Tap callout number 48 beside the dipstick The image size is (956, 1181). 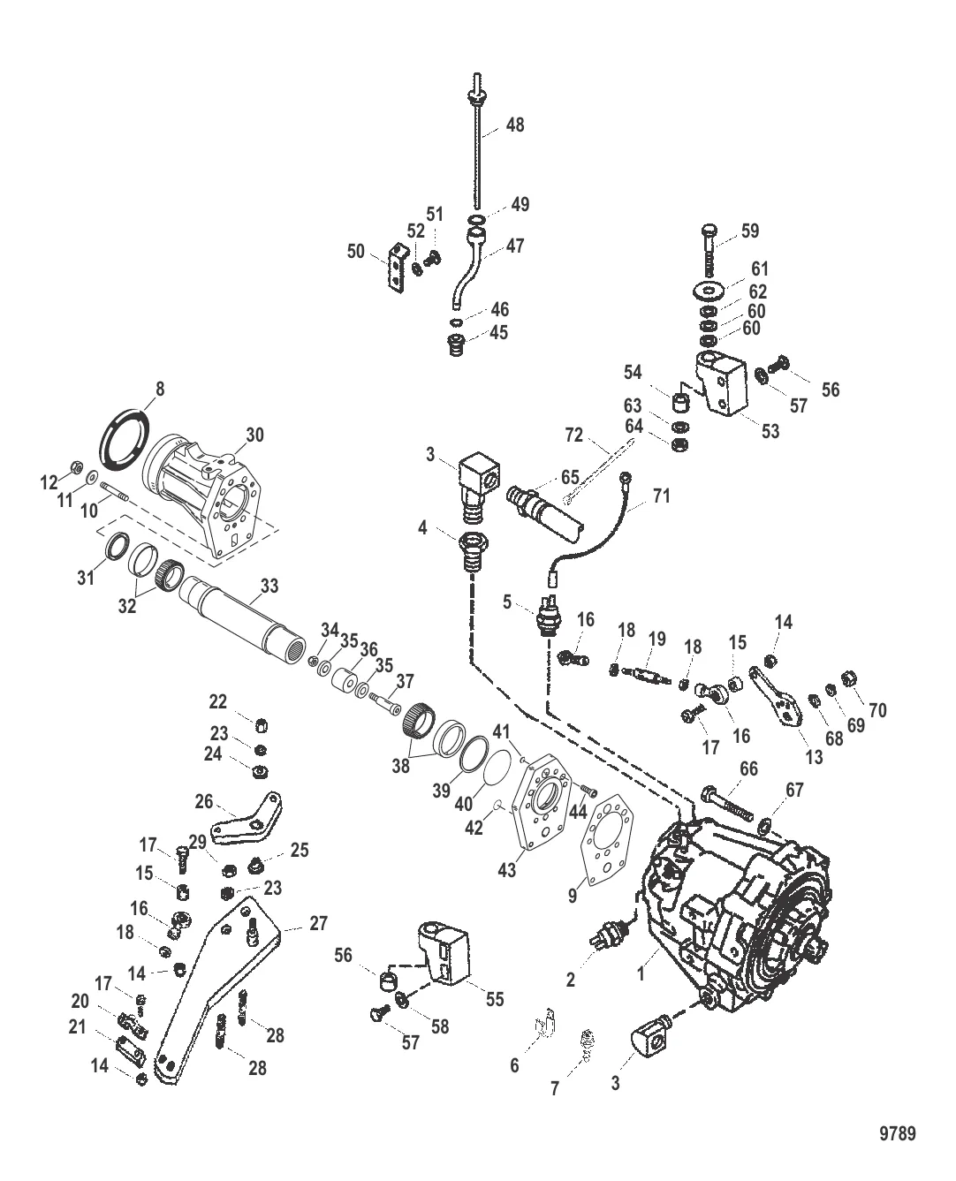tap(514, 125)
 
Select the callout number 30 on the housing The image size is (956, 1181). tap(254, 435)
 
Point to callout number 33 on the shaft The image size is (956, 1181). tap(269, 585)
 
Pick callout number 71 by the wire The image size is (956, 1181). tap(661, 496)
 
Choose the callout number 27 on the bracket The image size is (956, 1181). tap(318, 923)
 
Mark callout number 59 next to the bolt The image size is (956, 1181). tap(750, 231)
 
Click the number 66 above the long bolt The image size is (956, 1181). tap(747, 769)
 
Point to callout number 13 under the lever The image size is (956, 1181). tap(813, 757)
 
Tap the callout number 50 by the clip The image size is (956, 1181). tap(356, 252)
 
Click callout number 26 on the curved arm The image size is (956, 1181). tap(204, 802)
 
